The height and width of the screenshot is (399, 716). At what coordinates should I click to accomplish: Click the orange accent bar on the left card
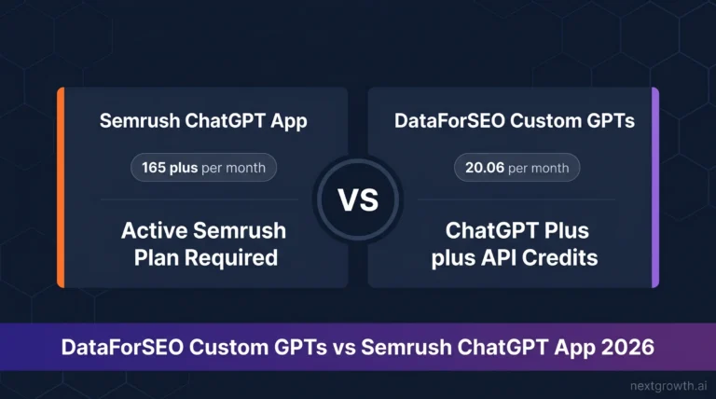click(61, 187)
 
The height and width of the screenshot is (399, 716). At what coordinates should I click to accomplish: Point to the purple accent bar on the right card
click(655, 187)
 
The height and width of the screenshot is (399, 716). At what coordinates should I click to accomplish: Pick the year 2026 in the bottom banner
click(626, 346)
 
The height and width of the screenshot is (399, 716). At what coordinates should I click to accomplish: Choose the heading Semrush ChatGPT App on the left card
click(202, 121)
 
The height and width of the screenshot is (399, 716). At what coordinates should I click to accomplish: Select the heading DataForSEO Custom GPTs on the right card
click(516, 121)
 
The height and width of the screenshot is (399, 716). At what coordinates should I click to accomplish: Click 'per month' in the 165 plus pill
click(233, 168)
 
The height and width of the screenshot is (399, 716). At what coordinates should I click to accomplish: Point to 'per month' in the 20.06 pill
click(539, 168)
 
